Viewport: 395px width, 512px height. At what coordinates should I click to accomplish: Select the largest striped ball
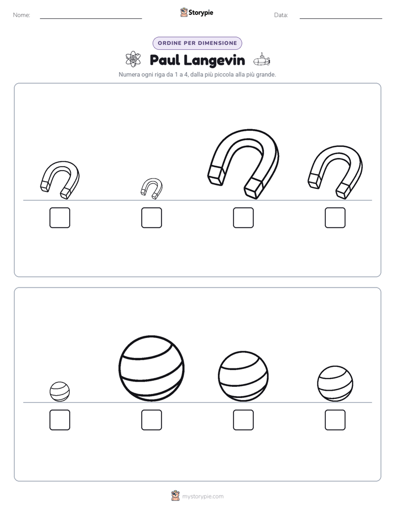[152, 368]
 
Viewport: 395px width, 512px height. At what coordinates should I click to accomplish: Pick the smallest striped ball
[60, 392]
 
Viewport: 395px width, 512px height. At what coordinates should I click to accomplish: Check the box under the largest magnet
[243, 217]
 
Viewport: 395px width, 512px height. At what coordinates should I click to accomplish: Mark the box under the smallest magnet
[152, 217]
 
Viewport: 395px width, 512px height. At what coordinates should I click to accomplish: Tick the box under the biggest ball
[152, 420]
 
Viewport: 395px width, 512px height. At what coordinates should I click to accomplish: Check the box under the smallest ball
[60, 420]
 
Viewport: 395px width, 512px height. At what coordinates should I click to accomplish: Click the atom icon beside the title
[133, 59]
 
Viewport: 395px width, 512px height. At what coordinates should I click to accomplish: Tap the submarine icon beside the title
[262, 60]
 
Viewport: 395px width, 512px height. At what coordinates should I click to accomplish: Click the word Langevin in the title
[214, 60]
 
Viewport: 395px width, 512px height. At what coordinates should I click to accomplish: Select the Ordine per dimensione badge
[197, 43]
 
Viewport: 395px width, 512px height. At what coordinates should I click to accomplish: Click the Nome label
[22, 15]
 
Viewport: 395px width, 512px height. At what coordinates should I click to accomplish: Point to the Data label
[281, 15]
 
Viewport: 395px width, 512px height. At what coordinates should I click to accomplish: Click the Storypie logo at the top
[196, 12]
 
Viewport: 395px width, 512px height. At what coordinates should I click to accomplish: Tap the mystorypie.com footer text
[202, 496]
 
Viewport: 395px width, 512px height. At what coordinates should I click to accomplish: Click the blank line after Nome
[91, 19]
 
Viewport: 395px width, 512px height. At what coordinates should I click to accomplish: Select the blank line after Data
[341, 19]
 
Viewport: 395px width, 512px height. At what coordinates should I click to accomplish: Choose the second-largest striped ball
[243, 376]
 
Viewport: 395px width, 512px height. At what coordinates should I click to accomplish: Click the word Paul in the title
[165, 60]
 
